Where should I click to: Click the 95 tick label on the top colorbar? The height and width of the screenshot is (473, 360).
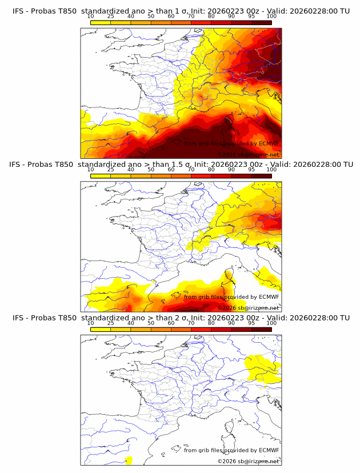click(251, 16)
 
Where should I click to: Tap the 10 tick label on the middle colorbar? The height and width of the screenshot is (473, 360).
click(90, 169)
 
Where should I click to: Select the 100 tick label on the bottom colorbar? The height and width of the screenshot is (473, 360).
click(271, 323)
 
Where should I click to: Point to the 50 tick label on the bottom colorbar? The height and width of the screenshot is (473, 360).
click(151, 323)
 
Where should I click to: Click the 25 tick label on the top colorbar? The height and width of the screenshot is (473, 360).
click(110, 16)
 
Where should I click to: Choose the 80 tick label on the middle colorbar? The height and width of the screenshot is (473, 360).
click(211, 169)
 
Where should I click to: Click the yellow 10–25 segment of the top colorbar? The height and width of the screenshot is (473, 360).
click(100, 22)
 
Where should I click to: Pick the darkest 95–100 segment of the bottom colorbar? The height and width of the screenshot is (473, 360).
click(261, 329)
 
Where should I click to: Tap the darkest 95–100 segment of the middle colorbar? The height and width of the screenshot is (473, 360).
click(261, 176)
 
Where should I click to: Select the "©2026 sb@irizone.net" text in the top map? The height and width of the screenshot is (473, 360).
click(249, 154)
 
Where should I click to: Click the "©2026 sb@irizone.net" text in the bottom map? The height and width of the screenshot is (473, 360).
click(249, 461)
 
